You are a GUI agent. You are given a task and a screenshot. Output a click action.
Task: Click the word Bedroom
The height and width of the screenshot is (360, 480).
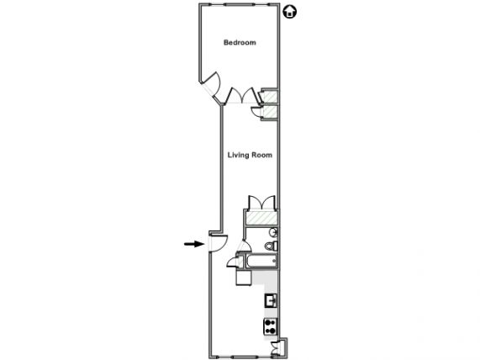(240, 43)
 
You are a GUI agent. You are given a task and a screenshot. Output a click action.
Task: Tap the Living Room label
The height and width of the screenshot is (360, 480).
(250, 155)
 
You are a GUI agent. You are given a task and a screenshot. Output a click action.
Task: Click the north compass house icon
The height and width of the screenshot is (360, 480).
(289, 12)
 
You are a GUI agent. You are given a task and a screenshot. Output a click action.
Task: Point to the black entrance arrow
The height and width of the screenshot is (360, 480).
(194, 244)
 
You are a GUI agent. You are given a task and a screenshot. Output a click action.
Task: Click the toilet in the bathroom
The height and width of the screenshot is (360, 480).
(271, 246)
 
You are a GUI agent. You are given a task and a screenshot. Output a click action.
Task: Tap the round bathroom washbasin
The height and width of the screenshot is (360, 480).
(273, 232)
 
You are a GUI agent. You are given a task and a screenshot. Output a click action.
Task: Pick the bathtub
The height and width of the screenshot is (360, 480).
(261, 261)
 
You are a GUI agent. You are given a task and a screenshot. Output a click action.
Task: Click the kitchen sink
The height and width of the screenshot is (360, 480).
(271, 300)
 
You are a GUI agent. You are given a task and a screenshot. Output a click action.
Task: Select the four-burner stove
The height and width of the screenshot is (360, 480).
(271, 326)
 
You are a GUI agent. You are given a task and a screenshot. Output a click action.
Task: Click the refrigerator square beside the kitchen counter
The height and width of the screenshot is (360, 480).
(244, 278)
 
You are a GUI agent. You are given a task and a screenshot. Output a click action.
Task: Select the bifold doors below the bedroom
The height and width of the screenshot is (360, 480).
(242, 95)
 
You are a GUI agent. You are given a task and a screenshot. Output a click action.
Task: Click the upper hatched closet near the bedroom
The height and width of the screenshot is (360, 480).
(270, 97)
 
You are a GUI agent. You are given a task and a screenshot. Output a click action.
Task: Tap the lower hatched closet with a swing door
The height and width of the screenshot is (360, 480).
(269, 112)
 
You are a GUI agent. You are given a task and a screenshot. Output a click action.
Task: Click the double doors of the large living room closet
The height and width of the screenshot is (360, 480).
(261, 202)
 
